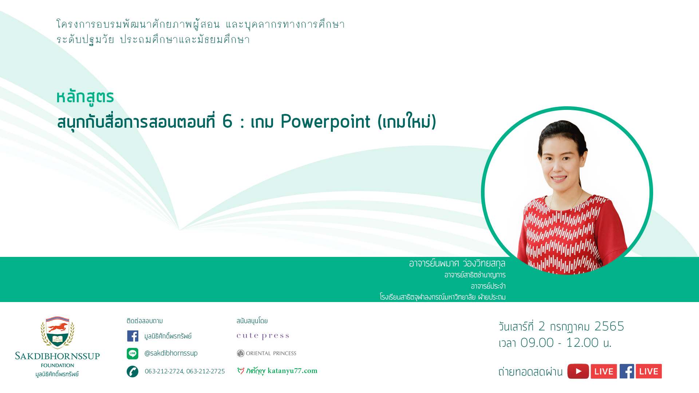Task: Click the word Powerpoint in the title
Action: (x=325, y=122)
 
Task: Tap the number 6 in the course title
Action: (x=227, y=121)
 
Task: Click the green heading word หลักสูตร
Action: (x=85, y=97)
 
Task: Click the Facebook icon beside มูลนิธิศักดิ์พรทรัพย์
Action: (x=133, y=336)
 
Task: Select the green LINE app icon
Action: (x=133, y=353)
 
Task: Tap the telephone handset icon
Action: (x=133, y=372)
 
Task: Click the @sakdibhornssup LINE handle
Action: (x=171, y=353)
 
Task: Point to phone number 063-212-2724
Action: (x=164, y=371)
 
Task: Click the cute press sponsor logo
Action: (x=263, y=336)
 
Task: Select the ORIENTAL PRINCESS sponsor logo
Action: (x=266, y=353)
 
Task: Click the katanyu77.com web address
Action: (x=292, y=371)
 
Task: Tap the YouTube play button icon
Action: (x=578, y=371)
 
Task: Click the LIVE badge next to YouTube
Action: (x=604, y=371)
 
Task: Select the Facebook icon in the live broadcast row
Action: (x=627, y=371)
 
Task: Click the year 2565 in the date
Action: (x=609, y=326)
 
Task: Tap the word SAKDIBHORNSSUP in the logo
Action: (x=58, y=356)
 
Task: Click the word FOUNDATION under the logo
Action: (x=58, y=365)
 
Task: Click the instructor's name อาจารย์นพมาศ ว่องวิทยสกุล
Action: (x=457, y=263)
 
